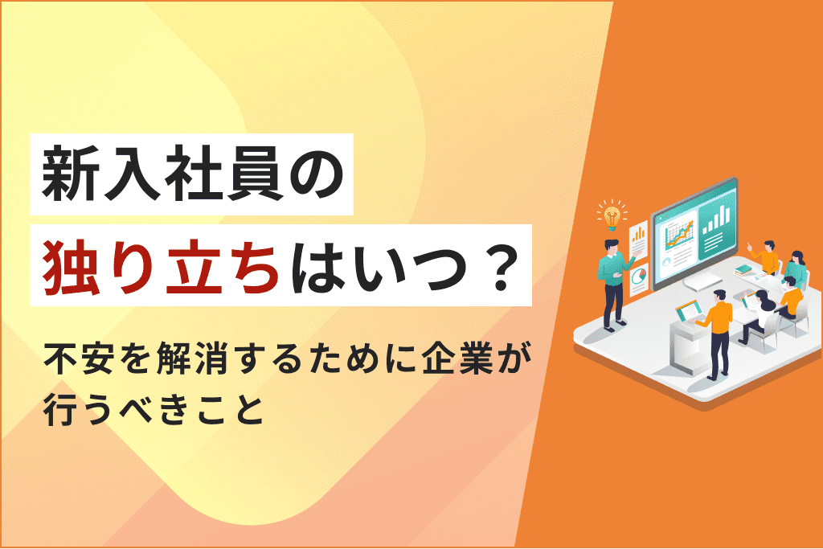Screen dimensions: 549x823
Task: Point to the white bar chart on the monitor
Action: coord(714,218)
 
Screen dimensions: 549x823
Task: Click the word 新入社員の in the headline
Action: coord(191,173)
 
